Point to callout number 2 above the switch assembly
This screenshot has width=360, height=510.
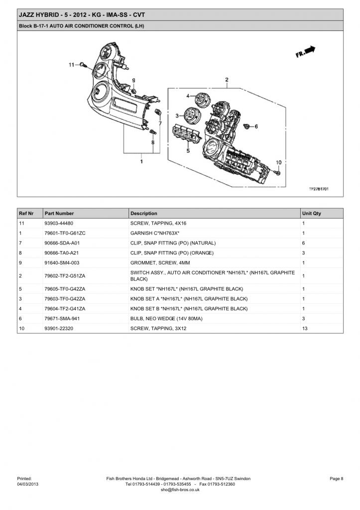[x=227, y=80]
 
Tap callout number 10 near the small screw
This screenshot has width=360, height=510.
[x=279, y=162]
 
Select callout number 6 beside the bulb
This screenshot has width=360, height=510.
[x=256, y=127]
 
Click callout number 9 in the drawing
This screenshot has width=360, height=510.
[x=133, y=81]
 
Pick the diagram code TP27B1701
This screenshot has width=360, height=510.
[x=319, y=189]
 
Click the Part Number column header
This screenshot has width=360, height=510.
[x=59, y=214]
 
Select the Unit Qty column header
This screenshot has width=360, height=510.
[x=312, y=214]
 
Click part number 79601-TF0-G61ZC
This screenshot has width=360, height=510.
[x=65, y=233]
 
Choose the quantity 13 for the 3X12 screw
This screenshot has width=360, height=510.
[x=305, y=329]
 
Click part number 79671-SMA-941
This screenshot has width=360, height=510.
[x=62, y=319]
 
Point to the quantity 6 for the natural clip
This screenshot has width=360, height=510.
[x=304, y=243]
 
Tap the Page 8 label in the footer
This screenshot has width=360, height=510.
[x=337, y=479]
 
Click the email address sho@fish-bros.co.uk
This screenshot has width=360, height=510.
[x=180, y=490]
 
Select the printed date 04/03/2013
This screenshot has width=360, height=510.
[x=27, y=484]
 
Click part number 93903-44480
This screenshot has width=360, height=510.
[x=59, y=224]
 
